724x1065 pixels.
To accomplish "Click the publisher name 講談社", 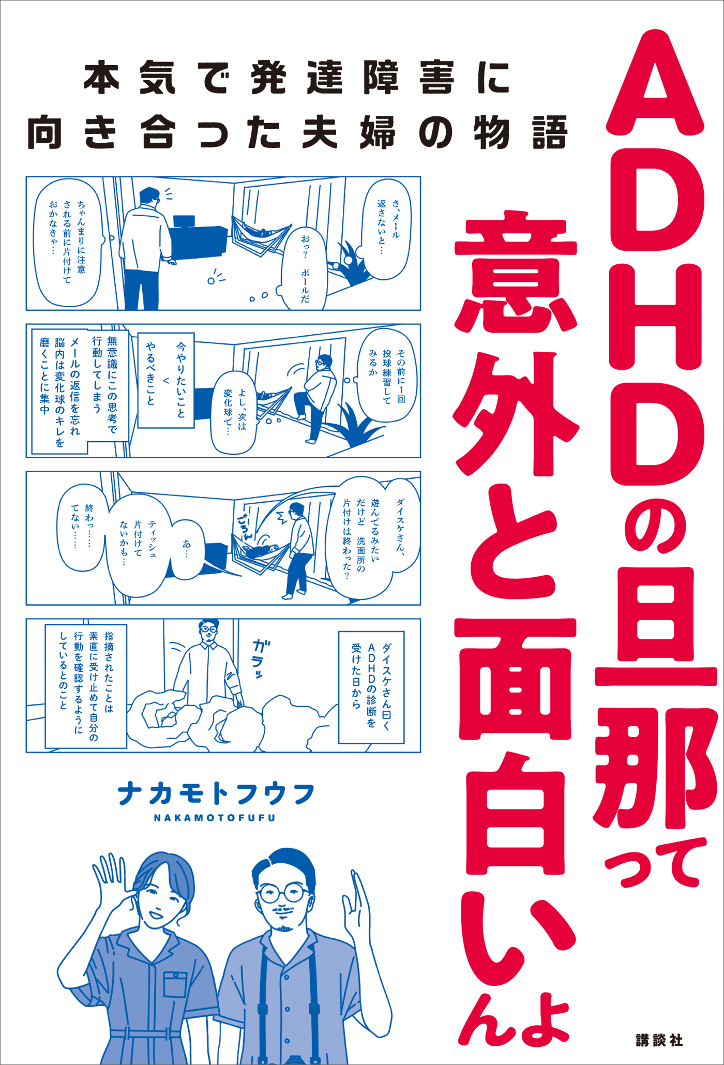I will [659, 1040].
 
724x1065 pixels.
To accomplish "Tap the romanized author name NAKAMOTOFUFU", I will [215, 818].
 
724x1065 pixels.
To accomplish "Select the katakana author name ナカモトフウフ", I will [216, 794].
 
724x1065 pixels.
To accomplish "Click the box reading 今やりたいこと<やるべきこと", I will [166, 380].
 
